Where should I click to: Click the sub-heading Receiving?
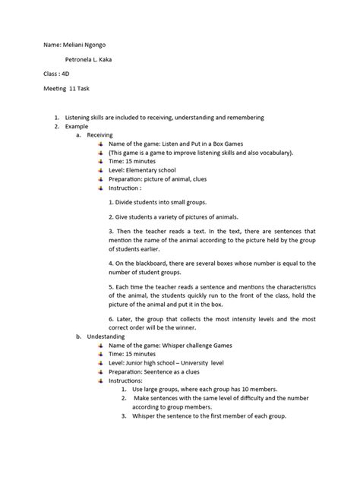[x=99, y=134]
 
